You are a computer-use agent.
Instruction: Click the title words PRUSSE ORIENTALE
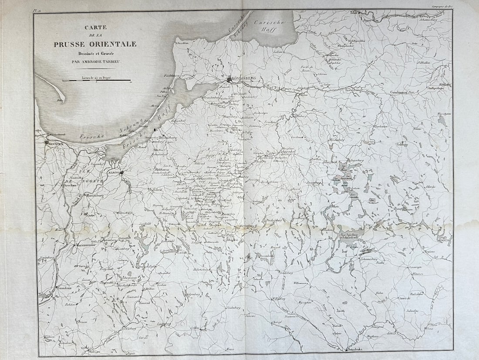pos(95,44)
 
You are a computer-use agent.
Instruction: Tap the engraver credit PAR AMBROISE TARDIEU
pos(95,61)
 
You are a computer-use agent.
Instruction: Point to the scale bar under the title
pos(97,81)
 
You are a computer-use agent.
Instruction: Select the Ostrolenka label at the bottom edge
pos(354,350)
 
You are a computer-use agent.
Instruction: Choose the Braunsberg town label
pos(167,137)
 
